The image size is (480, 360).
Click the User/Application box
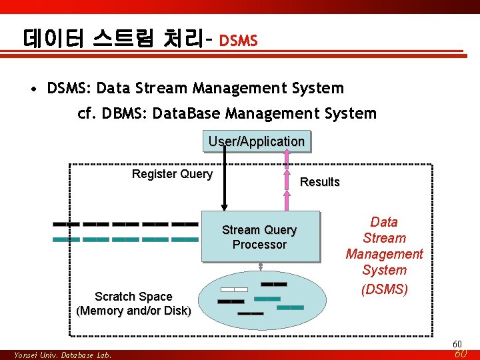[x=257, y=141]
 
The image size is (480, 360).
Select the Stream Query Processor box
[x=260, y=237]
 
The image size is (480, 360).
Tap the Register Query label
[x=172, y=174]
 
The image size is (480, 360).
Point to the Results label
[x=320, y=182]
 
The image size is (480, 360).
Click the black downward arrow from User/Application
[x=225, y=180]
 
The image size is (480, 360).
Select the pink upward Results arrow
[x=287, y=180]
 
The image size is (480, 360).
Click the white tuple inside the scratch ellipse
[x=234, y=289]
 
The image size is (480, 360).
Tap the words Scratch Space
[x=133, y=297]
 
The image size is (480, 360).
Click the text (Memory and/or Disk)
[x=133, y=311]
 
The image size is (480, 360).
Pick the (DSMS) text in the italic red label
[x=384, y=290]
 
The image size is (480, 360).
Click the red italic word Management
[x=384, y=254]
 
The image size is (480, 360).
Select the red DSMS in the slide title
[x=238, y=41]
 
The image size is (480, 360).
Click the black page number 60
[x=457, y=344]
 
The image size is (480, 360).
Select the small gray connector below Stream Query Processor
[x=261, y=267]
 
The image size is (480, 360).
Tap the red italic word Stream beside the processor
[x=384, y=238]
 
